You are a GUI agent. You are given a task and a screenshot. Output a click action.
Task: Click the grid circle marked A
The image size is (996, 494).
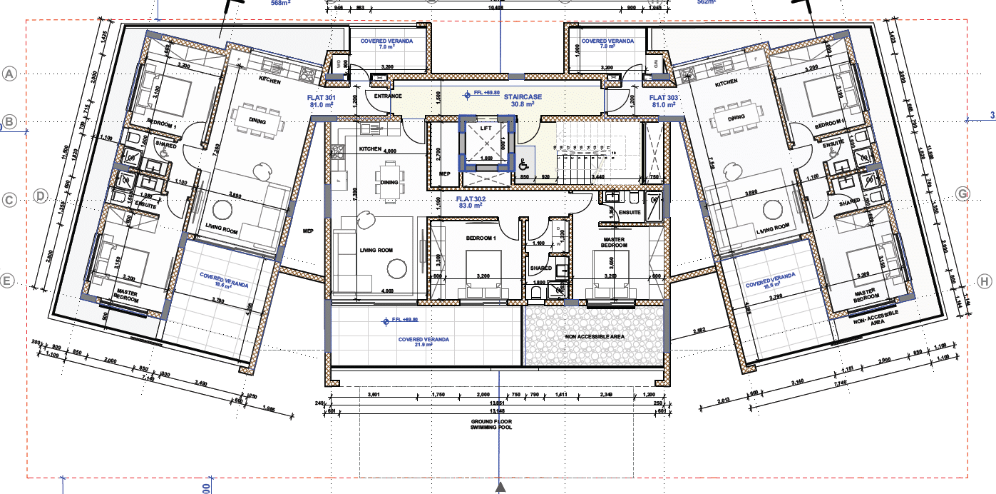coord(9,74)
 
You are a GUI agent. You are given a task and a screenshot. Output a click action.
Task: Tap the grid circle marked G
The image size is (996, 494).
coord(963,193)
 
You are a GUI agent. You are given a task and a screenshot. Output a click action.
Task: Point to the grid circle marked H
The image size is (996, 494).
coord(985,281)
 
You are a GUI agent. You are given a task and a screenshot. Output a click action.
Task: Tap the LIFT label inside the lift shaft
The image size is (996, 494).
coord(486,127)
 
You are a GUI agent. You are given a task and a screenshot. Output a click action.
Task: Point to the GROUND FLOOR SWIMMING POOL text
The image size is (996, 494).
coord(491,424)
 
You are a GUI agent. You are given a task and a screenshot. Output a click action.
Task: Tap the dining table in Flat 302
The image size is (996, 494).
coord(389,182)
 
